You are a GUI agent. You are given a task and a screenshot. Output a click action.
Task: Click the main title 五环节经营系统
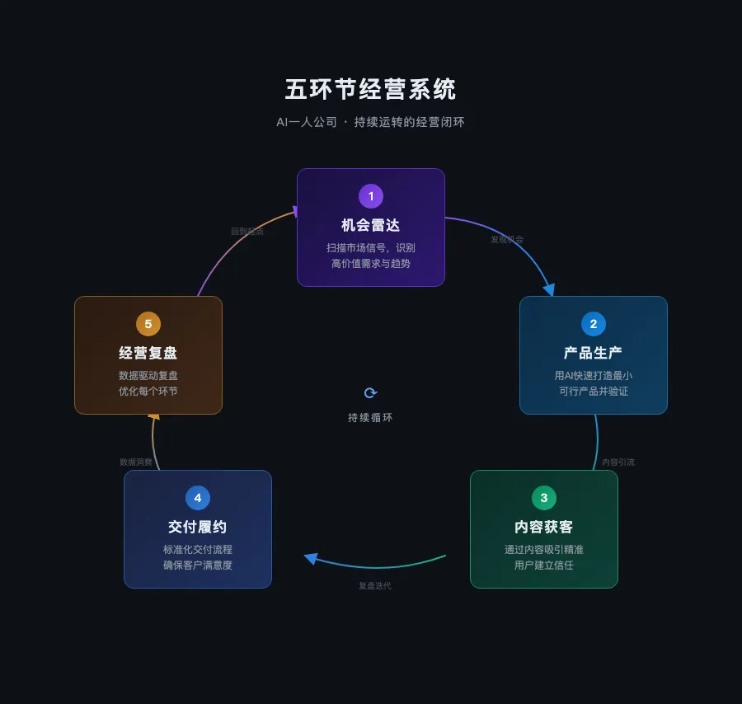(370, 89)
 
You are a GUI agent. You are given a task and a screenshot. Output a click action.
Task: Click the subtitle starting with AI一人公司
(370, 122)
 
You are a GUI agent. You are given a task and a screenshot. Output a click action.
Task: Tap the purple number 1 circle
(371, 196)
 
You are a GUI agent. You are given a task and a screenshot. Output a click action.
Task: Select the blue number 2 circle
(594, 324)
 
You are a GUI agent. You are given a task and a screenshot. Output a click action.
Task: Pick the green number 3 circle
(543, 498)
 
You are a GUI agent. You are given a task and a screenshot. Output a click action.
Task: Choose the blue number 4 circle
(198, 498)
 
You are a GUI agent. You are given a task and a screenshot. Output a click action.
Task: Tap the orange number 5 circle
(148, 324)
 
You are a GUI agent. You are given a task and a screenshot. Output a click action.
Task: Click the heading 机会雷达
(371, 225)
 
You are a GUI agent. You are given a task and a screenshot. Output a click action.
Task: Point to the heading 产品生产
(594, 353)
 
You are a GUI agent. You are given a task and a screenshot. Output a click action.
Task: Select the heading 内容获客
(543, 527)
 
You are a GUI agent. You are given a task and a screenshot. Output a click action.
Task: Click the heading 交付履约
(198, 527)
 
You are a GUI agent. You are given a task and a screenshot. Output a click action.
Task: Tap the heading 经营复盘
(148, 353)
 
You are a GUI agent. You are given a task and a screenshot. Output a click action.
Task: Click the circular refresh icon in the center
(371, 393)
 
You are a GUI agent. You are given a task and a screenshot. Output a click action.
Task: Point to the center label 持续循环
(371, 418)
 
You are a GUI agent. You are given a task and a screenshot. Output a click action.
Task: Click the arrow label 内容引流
(618, 462)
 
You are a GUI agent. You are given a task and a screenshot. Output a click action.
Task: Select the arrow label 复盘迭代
(375, 586)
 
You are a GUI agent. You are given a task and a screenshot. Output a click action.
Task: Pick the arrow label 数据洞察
(136, 462)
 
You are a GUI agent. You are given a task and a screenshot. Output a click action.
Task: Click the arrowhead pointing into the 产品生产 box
(548, 289)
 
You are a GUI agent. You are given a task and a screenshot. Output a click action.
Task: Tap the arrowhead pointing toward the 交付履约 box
(311, 558)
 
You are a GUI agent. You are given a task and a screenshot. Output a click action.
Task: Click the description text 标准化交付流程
(198, 550)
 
